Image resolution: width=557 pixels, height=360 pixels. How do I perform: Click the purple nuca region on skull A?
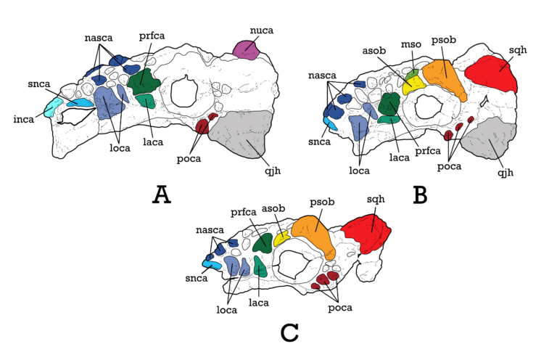(x=246, y=50)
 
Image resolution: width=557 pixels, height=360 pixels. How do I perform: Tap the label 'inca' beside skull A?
(x=24, y=119)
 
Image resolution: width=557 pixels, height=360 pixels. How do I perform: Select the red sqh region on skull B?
(x=492, y=74)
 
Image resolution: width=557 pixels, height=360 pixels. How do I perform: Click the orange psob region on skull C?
(x=314, y=234)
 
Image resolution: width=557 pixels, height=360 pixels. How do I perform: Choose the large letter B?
(x=420, y=195)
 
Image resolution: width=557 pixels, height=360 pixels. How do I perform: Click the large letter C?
(x=289, y=333)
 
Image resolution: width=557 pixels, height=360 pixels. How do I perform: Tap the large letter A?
(x=162, y=195)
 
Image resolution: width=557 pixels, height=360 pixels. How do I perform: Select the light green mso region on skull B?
(x=413, y=74)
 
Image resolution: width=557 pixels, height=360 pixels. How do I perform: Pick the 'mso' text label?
(x=411, y=44)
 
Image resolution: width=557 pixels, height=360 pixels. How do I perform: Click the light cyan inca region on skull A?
(x=52, y=107)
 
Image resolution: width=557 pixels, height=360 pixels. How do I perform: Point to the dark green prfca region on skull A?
(x=144, y=81)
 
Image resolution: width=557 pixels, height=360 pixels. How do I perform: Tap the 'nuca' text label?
(x=262, y=30)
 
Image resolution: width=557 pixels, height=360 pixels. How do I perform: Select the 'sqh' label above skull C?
(x=376, y=200)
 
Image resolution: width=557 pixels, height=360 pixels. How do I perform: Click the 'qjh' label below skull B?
(x=506, y=173)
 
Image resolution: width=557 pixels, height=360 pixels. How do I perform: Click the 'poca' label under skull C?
(x=340, y=308)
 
